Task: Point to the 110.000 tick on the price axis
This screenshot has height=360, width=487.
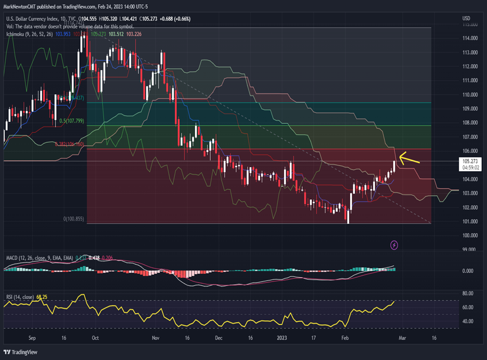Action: [470, 95]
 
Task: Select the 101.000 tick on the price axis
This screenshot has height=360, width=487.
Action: [470, 222]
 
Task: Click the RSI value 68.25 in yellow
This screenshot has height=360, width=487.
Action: [42, 297]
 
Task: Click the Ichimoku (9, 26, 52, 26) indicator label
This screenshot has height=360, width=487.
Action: [27, 34]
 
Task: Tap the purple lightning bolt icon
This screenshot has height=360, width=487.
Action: [394, 245]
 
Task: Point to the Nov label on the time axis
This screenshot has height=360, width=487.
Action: [156, 337]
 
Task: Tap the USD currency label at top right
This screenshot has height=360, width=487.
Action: [466, 19]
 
